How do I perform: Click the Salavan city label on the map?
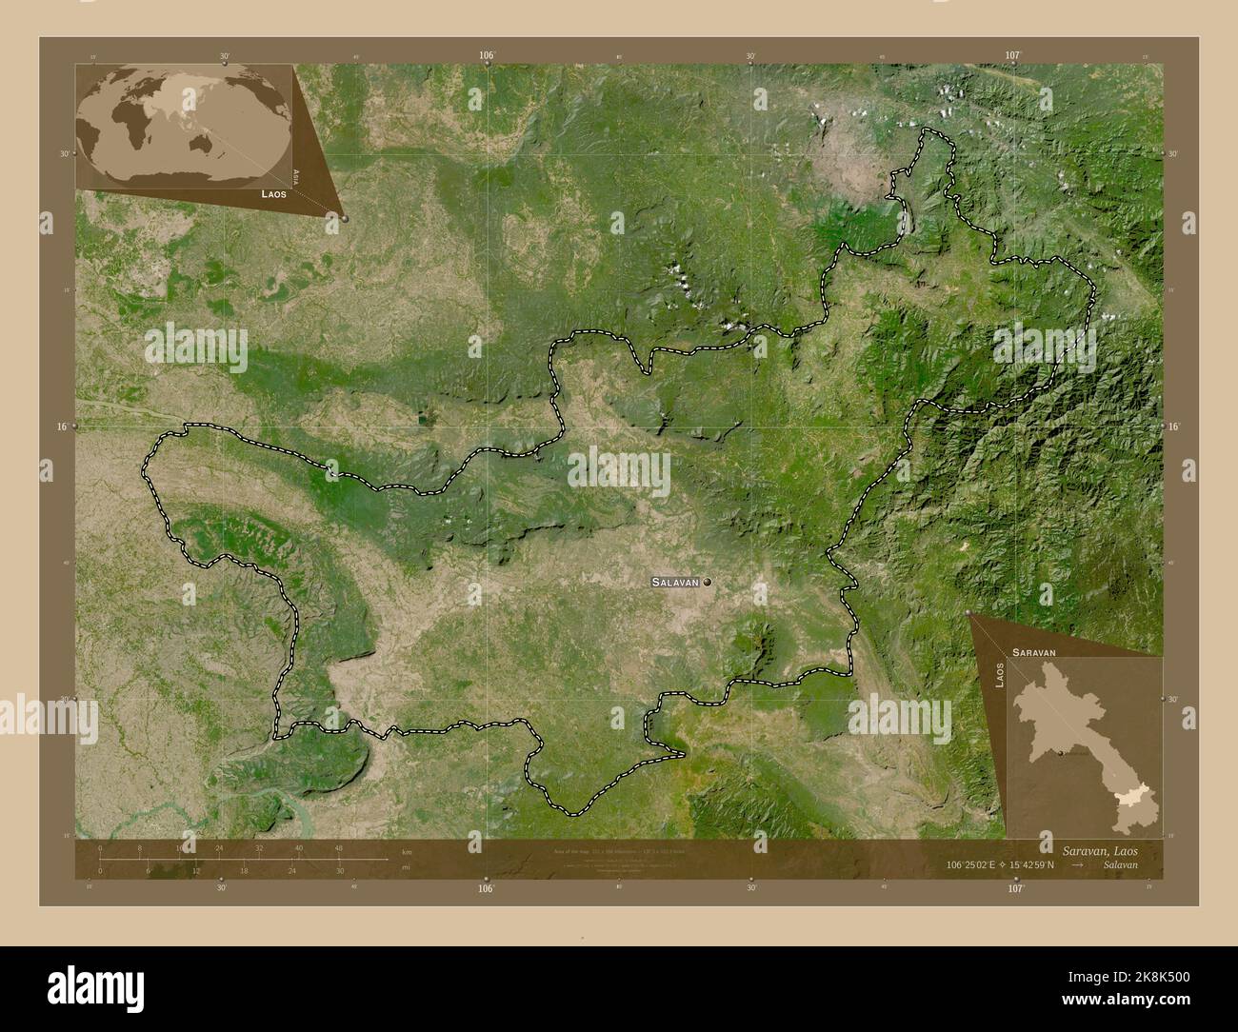[x=676, y=581]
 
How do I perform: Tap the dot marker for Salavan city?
[x=707, y=581]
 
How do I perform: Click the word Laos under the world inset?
[x=273, y=193]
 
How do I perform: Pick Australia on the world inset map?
[x=202, y=144]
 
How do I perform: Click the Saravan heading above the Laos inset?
[x=1034, y=652]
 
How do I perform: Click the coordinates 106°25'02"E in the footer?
[x=980, y=867]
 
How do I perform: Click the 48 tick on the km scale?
[x=338, y=848]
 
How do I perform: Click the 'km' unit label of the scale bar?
[x=407, y=850]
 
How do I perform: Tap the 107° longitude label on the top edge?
[x=1012, y=56]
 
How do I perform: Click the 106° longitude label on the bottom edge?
[x=487, y=888]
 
